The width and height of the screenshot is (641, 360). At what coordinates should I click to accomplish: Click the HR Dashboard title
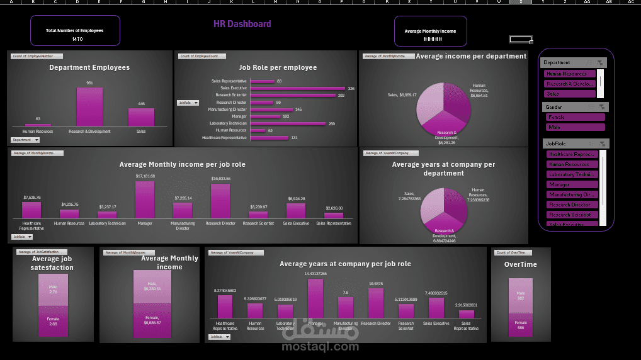[x=242, y=24]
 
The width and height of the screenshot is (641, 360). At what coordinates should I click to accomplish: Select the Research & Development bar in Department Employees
[x=89, y=107]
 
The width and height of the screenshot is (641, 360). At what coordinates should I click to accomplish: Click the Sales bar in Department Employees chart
[x=141, y=117]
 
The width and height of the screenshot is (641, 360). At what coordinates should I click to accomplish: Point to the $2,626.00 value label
[x=334, y=208]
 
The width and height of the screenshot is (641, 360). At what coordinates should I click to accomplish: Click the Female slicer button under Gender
[x=575, y=117]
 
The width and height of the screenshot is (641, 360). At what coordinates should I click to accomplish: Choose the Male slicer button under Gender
[x=575, y=127]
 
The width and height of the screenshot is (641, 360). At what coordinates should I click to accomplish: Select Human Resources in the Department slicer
[x=570, y=74]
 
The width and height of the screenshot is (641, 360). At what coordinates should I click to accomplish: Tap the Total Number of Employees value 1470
[x=77, y=39]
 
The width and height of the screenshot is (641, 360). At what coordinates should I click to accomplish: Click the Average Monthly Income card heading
[x=430, y=31]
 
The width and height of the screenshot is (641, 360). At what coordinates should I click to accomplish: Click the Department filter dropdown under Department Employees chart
[x=25, y=140]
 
